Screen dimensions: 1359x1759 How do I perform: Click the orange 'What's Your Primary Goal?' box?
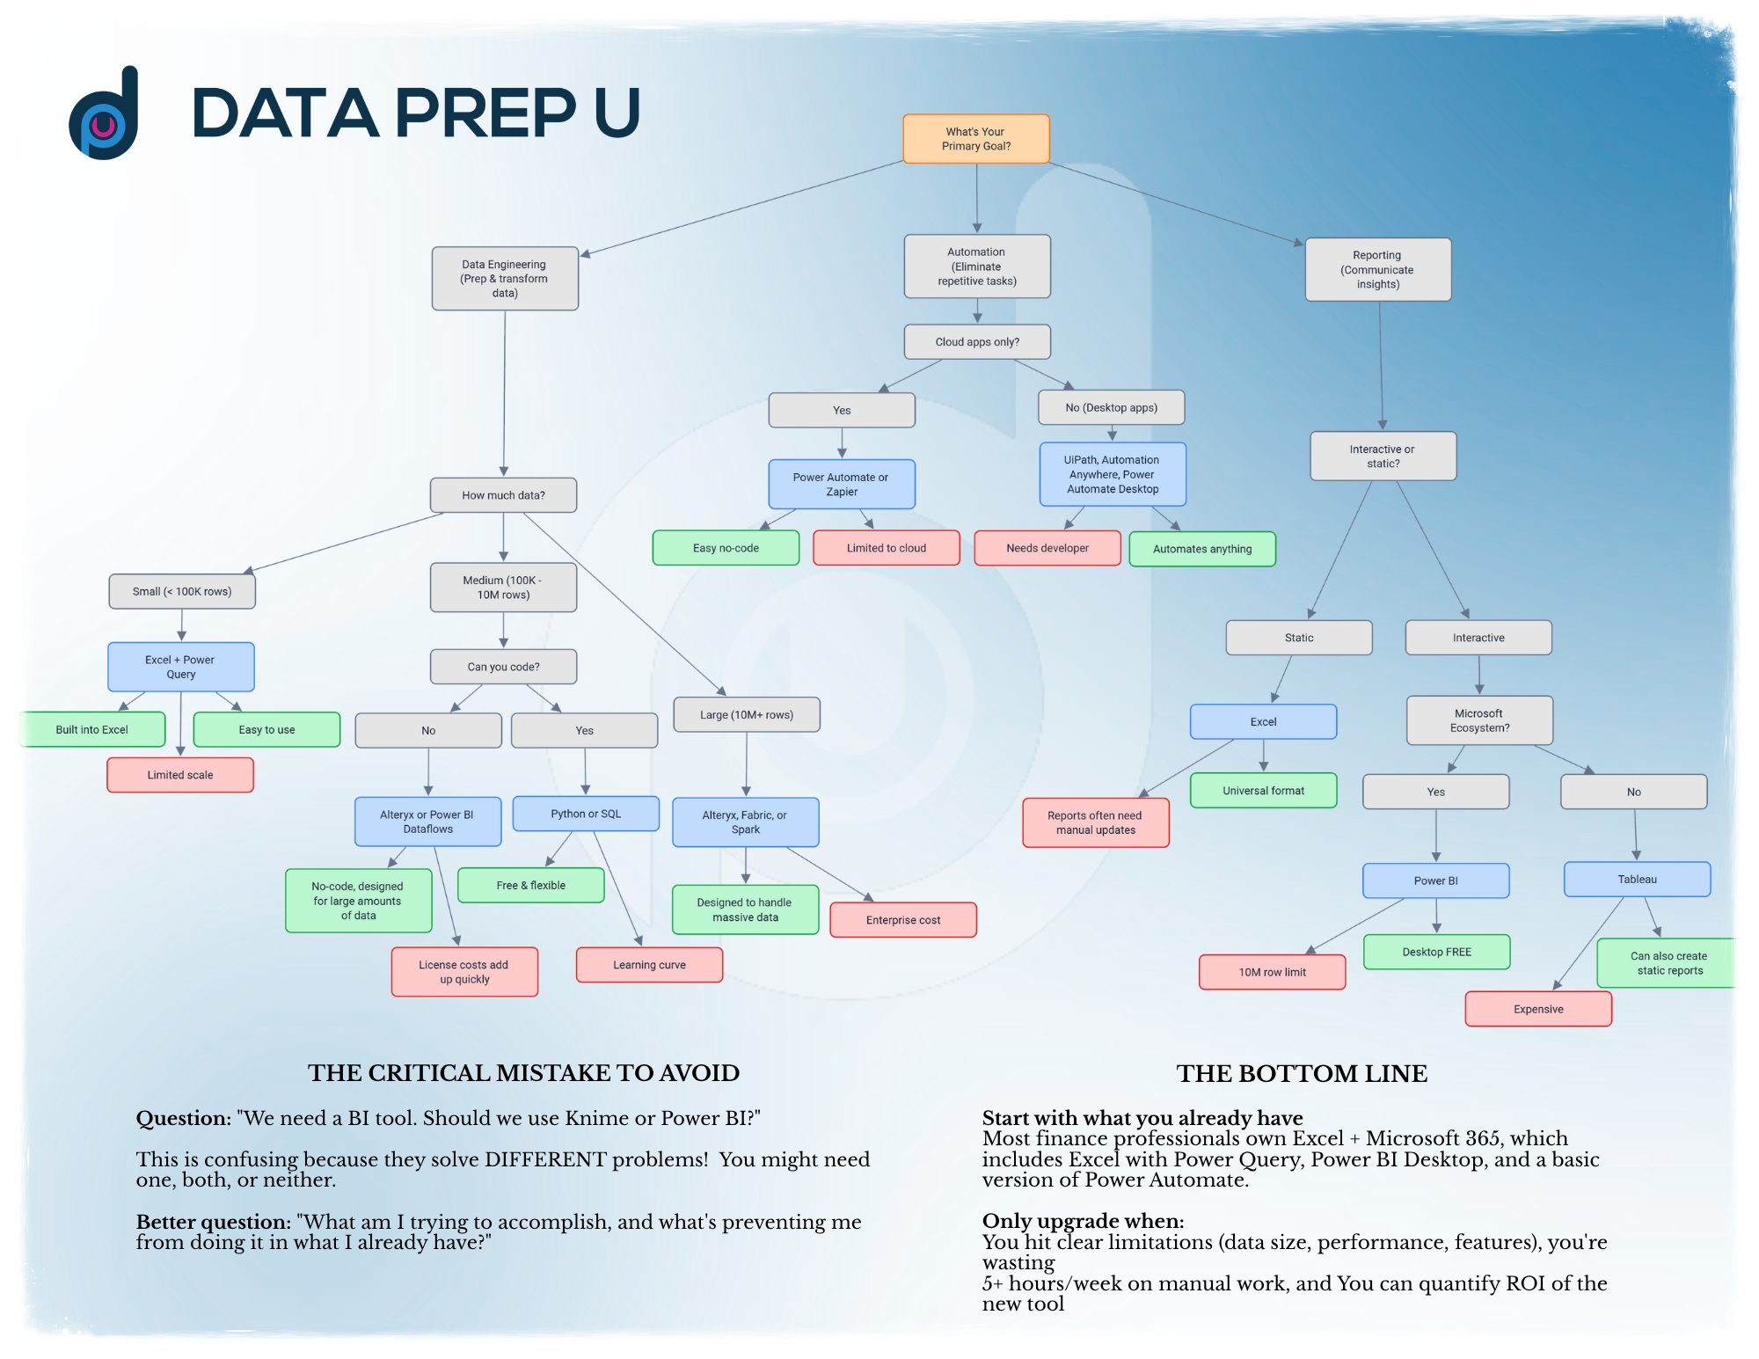976,139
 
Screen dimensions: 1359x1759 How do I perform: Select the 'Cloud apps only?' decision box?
977,342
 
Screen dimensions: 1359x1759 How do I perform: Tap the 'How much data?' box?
503,495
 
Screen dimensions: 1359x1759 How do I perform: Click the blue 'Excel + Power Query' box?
181,667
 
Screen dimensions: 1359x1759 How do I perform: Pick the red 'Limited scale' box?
180,775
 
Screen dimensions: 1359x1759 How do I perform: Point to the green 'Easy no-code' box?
726,548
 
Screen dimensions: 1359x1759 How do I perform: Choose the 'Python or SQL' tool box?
586,814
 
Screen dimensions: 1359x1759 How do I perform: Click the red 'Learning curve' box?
649,965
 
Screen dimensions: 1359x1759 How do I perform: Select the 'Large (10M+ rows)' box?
747,715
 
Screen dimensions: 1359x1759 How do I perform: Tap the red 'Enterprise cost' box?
903,920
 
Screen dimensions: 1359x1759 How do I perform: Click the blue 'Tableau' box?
1637,880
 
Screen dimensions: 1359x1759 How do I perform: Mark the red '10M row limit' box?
1272,972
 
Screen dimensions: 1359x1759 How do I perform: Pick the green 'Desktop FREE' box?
1436,952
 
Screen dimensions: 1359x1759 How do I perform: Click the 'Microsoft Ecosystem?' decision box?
1479,720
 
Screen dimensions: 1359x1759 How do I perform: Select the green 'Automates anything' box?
1202,549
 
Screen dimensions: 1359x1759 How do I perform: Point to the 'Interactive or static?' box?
1383,456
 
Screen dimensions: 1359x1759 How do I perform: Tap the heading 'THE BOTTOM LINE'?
1302,1073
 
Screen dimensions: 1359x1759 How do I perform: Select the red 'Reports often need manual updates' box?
1095,822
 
